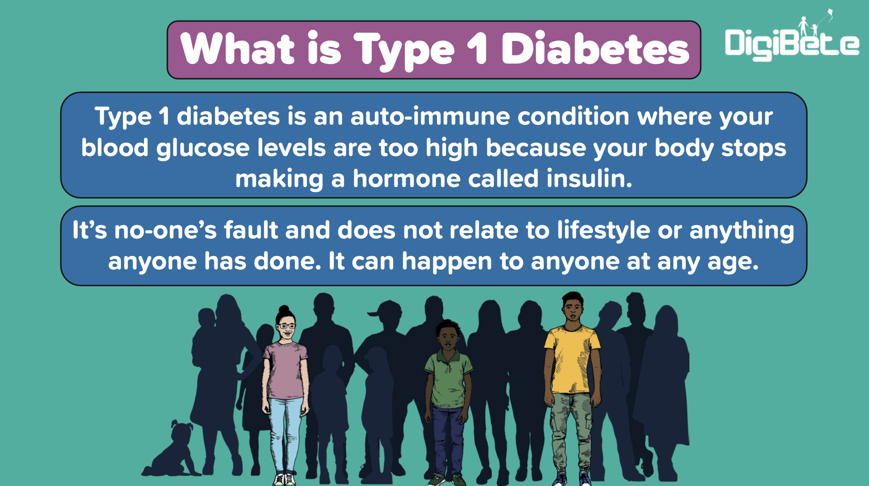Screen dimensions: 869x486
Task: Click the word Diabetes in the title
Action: [x=595, y=49]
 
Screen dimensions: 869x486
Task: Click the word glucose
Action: [x=203, y=148]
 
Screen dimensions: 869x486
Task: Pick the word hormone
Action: [x=406, y=179]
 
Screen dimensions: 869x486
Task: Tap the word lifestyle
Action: [x=604, y=231]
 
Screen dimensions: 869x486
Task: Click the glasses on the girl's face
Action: [x=287, y=326]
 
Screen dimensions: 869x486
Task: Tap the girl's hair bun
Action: [x=284, y=310]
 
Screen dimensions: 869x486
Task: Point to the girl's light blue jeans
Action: [x=285, y=435]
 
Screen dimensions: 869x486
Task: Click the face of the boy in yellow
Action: [x=573, y=310]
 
